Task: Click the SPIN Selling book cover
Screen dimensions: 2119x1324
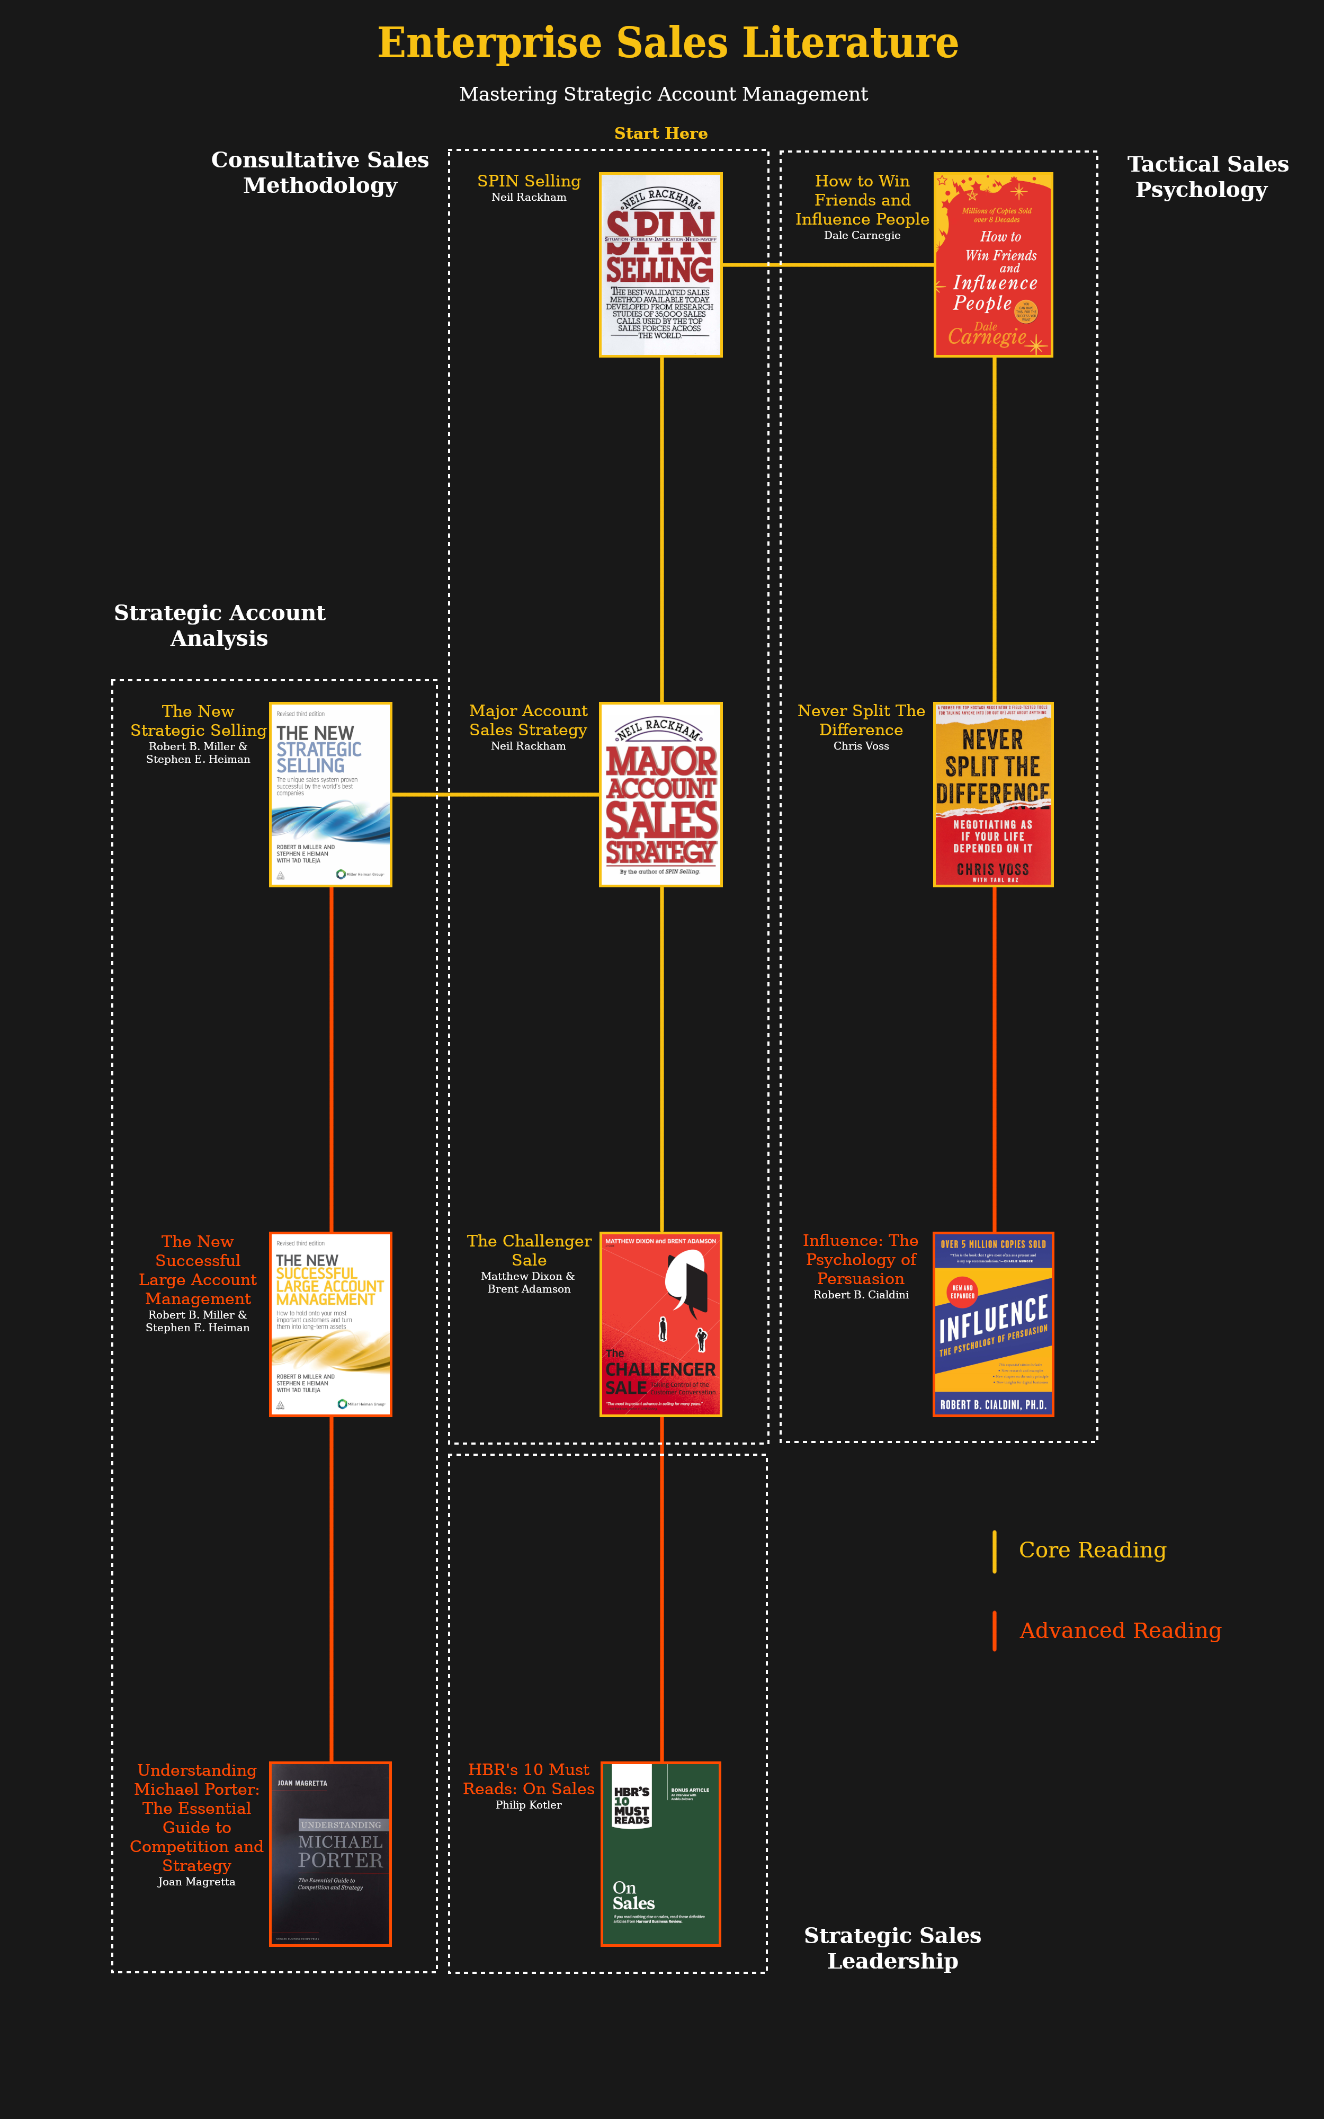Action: (660, 264)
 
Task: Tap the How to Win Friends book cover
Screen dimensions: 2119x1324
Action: (993, 264)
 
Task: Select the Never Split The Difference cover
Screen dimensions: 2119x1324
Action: (993, 794)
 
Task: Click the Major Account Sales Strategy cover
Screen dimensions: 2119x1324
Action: (660, 794)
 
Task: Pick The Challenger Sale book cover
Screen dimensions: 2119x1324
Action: (660, 1324)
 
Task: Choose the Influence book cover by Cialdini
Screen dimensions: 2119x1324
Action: (993, 1324)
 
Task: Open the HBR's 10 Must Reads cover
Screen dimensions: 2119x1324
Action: (660, 1854)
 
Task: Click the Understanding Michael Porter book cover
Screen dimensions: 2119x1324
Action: (330, 1854)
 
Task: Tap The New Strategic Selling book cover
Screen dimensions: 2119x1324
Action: (330, 794)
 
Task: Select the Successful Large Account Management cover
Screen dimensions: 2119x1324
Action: (330, 1324)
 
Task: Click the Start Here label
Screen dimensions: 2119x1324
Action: (660, 133)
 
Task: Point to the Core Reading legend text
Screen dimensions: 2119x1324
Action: (1092, 1550)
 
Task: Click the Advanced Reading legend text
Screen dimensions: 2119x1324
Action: (1120, 1631)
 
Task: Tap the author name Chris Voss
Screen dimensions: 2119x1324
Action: (861, 746)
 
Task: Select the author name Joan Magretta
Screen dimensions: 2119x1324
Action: (196, 1882)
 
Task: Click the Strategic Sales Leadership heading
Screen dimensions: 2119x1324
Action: (892, 1948)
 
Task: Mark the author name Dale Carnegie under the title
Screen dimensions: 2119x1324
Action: (862, 236)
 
